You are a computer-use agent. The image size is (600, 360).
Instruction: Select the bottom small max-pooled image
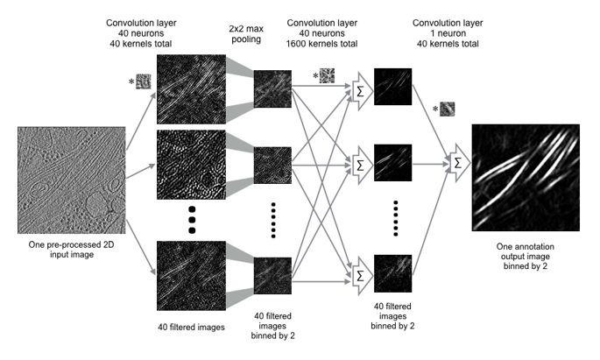272,276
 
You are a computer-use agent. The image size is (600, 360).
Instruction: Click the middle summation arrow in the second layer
358,164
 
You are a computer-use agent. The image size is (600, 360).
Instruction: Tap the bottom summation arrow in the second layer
358,273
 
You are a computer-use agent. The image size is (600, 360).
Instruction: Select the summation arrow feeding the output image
455,163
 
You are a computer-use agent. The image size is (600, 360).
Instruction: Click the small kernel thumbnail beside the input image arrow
143,82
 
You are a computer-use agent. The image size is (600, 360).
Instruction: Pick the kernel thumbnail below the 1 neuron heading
448,109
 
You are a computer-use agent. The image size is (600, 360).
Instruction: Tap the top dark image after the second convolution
392,87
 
